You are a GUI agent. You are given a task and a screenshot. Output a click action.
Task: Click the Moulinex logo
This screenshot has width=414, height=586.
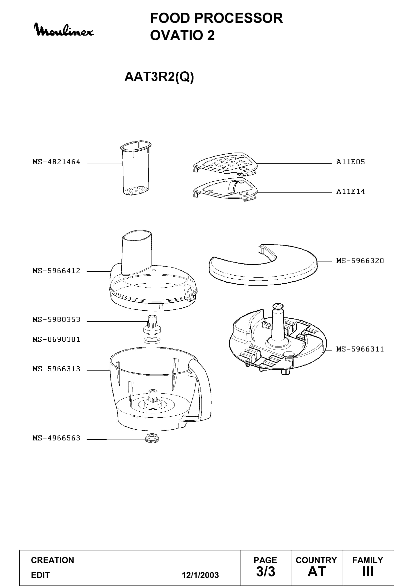(64, 30)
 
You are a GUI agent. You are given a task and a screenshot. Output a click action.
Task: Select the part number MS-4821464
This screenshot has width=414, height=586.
(56, 162)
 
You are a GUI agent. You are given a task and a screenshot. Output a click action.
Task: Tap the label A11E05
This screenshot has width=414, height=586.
(350, 162)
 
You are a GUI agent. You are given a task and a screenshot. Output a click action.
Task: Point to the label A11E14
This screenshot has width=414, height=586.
(350, 191)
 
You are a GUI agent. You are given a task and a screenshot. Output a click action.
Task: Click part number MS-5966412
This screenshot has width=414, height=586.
(56, 271)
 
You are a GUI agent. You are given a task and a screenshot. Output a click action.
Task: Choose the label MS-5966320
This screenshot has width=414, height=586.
(360, 261)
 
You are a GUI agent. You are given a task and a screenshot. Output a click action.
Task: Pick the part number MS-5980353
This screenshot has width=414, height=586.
(56, 319)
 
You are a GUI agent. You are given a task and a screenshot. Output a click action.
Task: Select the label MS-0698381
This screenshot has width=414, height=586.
(56, 339)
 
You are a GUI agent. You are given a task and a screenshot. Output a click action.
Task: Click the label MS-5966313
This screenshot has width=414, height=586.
(56, 369)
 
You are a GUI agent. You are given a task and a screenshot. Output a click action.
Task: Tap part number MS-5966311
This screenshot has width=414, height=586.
(360, 349)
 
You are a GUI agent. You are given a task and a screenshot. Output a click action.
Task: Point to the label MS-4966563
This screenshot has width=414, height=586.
(56, 438)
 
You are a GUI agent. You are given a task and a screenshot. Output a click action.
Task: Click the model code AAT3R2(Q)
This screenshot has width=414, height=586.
(159, 77)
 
